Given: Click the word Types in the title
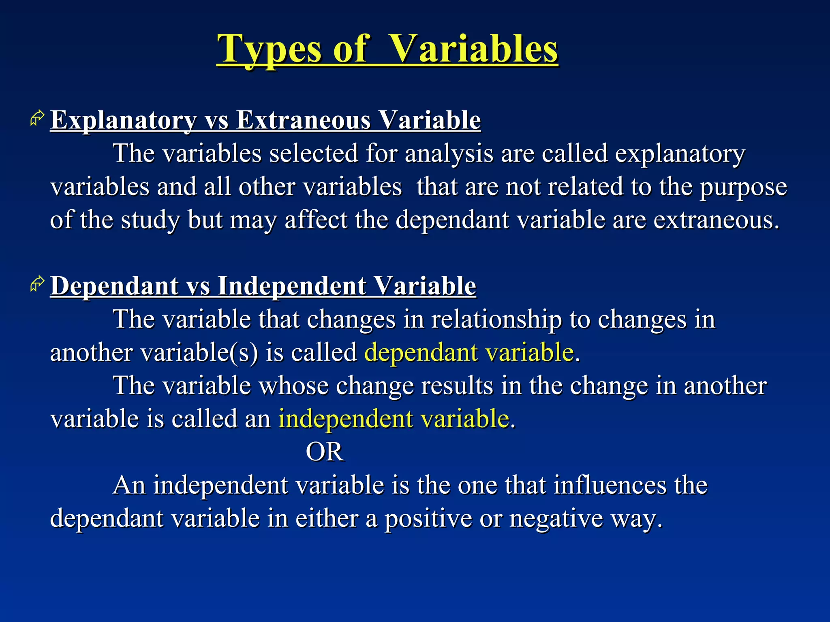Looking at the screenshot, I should pyautogui.click(x=270, y=49).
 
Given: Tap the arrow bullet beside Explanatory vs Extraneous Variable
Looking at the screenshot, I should pyautogui.click(x=37, y=118).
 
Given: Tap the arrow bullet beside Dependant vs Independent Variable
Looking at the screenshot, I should pyautogui.click(x=37, y=284).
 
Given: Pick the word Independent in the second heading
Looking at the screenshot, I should pyautogui.click(x=292, y=286).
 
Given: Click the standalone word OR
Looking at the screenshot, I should pyautogui.click(x=325, y=452).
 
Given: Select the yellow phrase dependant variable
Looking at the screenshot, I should pyautogui.click(x=469, y=352).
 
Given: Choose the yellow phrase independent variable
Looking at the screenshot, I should pyautogui.click(x=394, y=418).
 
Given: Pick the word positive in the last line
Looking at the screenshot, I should pyautogui.click(x=428, y=518).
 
